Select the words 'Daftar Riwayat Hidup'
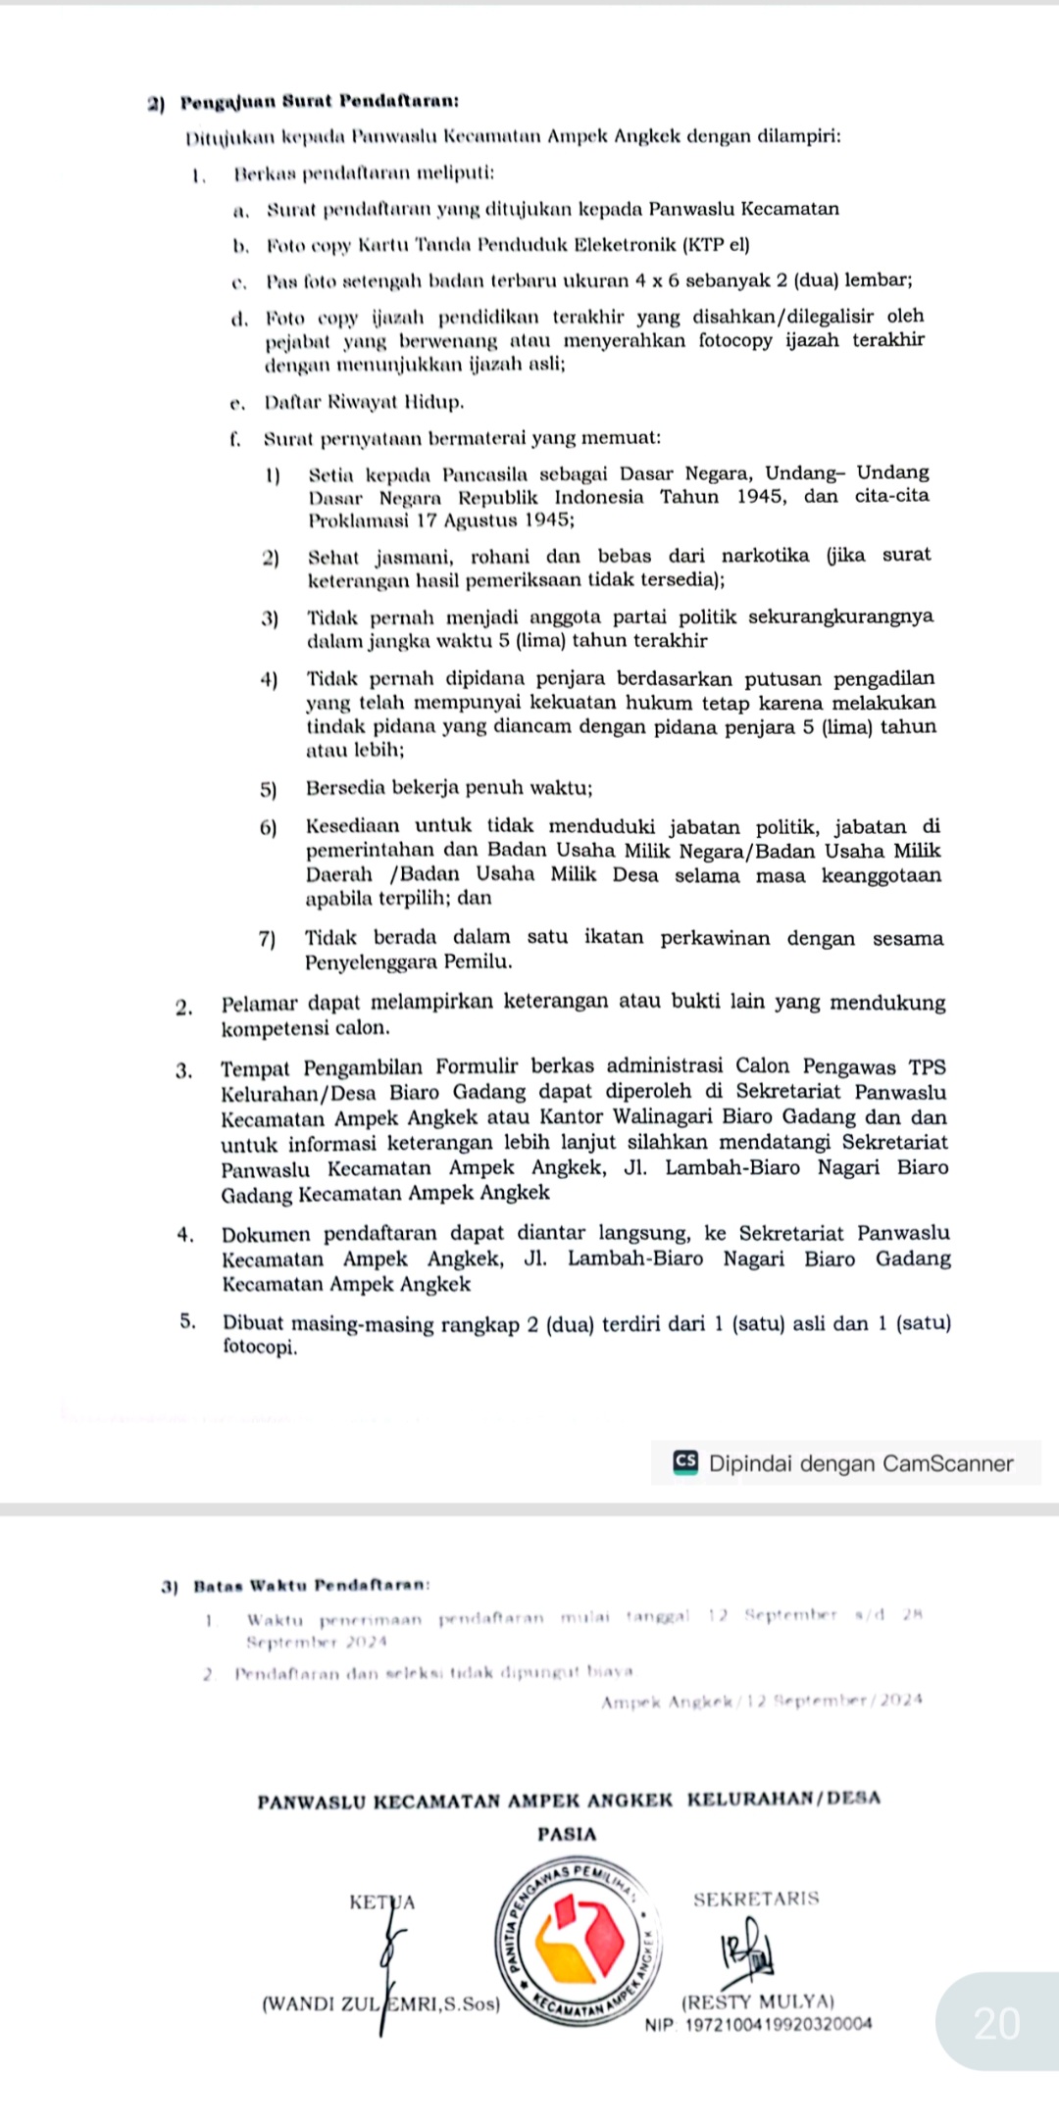364,402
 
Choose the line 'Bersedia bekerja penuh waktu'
448,788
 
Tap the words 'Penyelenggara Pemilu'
408,962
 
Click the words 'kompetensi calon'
305,1028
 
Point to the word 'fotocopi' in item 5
259,1347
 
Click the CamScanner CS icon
685,1462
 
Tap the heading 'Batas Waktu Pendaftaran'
311,1585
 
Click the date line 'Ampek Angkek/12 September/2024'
762,1701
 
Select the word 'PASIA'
567,1833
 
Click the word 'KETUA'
381,1902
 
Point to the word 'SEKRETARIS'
756,1899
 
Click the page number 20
996,2023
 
